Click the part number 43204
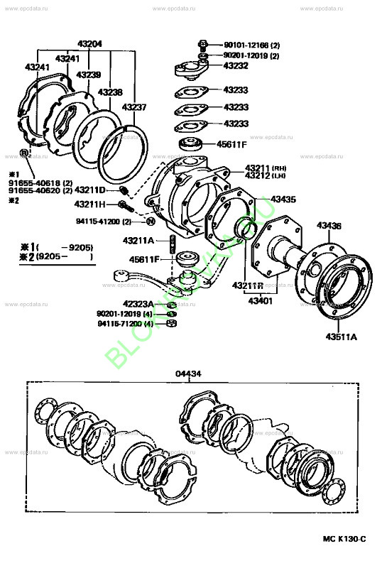click(89, 44)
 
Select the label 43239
click(88, 75)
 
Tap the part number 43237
click(133, 107)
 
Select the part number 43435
click(284, 200)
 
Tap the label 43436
click(329, 225)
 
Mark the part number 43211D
click(89, 190)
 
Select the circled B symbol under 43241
click(23, 153)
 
